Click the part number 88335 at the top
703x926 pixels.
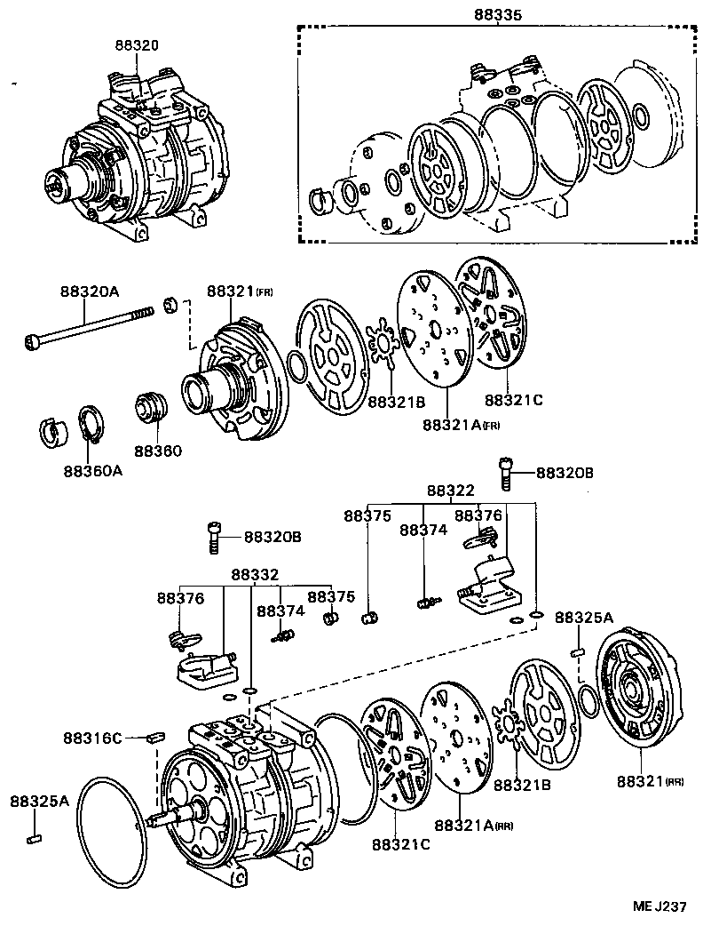tap(498, 15)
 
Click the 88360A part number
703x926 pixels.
tap(92, 470)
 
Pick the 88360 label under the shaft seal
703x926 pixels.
tap(158, 451)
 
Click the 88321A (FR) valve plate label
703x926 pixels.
tap(461, 426)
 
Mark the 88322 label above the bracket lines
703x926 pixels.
tap(450, 491)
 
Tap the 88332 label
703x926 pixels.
tap(255, 576)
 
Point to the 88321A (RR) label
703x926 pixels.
tap(473, 825)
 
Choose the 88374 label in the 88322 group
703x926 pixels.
tap(423, 530)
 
